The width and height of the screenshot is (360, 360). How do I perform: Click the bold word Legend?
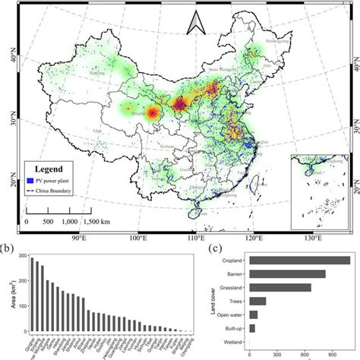point(52,169)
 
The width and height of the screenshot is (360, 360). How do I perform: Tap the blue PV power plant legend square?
point(31,181)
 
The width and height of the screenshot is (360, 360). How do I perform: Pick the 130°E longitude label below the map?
point(317,238)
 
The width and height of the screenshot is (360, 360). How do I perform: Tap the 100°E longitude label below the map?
point(138,238)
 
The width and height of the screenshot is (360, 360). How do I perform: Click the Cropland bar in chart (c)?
point(299,261)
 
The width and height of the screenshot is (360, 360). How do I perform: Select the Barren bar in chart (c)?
point(287,274)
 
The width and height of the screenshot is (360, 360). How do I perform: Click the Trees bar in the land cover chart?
point(257,301)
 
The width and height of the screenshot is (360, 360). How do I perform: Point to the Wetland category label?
point(232,341)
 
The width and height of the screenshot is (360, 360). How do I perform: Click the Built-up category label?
point(232,328)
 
